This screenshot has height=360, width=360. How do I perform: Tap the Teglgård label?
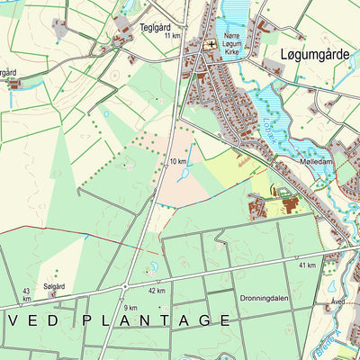(155, 28)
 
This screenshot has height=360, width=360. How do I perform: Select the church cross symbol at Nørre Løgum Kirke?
(212, 42)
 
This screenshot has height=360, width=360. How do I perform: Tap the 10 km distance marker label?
(177, 161)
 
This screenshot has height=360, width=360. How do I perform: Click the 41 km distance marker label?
(306, 265)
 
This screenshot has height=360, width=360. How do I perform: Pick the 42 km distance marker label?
(157, 291)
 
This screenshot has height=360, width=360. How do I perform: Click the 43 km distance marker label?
(26, 293)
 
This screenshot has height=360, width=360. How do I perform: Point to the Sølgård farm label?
(54, 286)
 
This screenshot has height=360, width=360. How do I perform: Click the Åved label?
(337, 302)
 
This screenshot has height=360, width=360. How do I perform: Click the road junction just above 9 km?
(124, 287)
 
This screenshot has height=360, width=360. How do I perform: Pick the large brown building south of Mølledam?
(290, 204)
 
